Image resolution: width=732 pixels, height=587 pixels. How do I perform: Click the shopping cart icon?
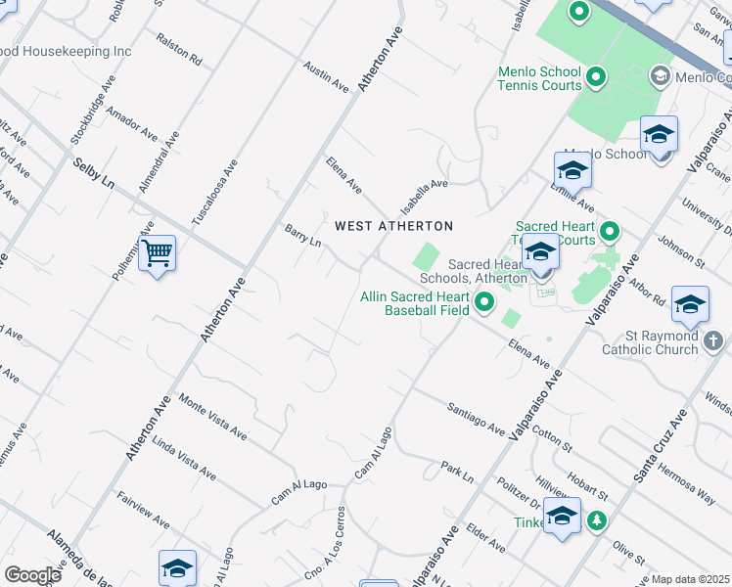point(157,254)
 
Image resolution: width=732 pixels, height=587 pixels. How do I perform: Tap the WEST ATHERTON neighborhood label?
point(393,226)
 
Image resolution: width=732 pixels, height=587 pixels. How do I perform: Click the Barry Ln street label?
point(302,236)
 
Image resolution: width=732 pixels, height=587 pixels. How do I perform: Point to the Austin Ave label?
point(326,77)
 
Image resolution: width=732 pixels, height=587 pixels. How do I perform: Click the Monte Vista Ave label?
point(212,416)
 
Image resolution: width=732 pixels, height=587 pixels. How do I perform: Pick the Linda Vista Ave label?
point(184,458)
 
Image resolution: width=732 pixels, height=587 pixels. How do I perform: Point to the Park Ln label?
point(457,472)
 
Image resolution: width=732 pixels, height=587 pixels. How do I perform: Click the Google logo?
point(32,574)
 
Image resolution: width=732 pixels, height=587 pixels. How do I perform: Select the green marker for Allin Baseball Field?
point(484,304)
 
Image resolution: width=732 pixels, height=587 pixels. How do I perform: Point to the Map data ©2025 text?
point(689,579)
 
